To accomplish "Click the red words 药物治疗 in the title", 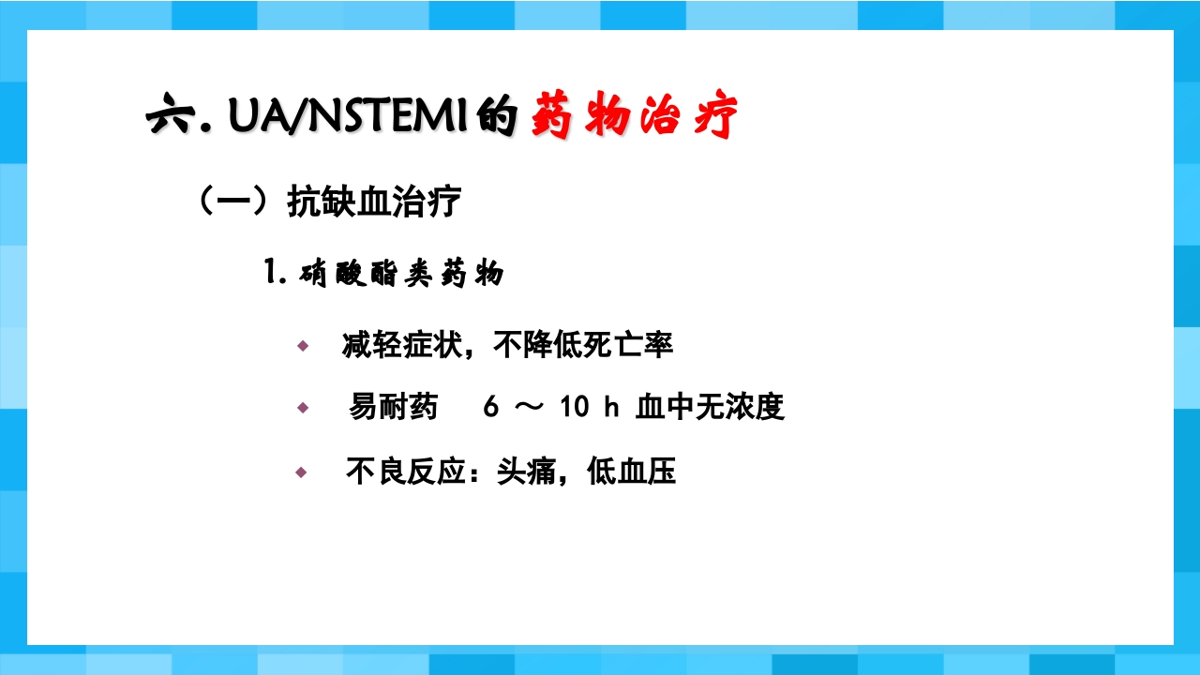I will coord(635,117).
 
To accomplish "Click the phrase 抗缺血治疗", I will coord(373,202).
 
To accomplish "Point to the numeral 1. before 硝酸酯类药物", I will coord(275,274).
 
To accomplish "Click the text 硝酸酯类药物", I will coord(402,275).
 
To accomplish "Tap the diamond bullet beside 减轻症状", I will coord(302,346).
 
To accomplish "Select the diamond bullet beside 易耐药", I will coord(302,408).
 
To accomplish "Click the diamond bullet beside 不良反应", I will coord(302,472).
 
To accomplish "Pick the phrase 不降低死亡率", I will coord(583,345).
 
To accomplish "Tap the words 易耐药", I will coord(394,407).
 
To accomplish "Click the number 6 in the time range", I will coord(491,408).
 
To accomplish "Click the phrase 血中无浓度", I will coord(710,407).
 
